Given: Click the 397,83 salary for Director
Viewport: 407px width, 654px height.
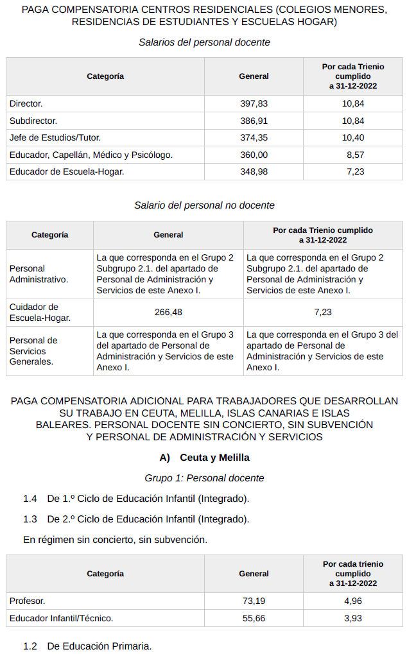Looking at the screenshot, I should [x=254, y=103].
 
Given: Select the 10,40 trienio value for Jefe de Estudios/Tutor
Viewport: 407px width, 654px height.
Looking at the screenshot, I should [x=353, y=137].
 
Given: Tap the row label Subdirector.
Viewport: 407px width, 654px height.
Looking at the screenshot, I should [x=33, y=121].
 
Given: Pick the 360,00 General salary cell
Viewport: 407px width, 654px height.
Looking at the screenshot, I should [x=254, y=155].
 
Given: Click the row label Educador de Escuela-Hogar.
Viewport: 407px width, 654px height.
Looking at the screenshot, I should [x=67, y=171].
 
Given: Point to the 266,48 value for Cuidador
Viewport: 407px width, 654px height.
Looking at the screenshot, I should [x=168, y=313].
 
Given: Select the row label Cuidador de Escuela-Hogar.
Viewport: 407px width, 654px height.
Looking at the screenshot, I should [x=40, y=313].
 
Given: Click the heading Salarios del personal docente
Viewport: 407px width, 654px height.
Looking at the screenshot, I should [x=204, y=42].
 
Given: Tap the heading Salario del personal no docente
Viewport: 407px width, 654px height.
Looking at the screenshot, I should [x=204, y=205].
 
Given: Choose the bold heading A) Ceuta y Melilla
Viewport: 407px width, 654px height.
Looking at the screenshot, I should [x=204, y=458].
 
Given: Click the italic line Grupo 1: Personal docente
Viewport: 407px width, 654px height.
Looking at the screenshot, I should [x=204, y=478].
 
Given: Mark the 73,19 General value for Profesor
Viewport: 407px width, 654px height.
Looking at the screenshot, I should [x=254, y=601].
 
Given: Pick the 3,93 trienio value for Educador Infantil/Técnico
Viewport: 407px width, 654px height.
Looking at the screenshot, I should [x=353, y=618].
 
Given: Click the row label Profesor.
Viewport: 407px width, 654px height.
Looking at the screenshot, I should [x=28, y=601].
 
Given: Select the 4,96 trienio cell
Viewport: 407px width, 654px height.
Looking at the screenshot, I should [x=353, y=601].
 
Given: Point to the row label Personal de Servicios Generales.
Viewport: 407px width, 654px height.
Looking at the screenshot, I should [x=33, y=351].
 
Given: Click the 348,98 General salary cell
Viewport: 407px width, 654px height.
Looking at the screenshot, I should [x=254, y=171].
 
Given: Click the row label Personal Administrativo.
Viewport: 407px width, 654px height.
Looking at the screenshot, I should [x=39, y=274].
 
